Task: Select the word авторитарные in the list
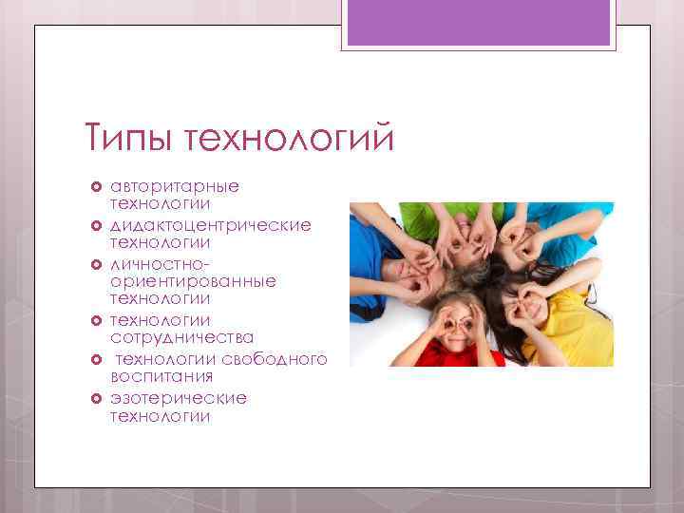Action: coord(174,185)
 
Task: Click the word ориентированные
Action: coord(193,281)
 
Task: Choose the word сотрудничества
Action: coord(181,338)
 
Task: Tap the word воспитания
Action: coord(161,377)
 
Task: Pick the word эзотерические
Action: coord(178,397)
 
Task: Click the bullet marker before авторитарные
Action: coord(96,186)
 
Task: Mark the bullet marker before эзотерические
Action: coord(96,398)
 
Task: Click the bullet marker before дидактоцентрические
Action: coord(96,224)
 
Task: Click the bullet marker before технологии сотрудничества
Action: coord(96,320)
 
